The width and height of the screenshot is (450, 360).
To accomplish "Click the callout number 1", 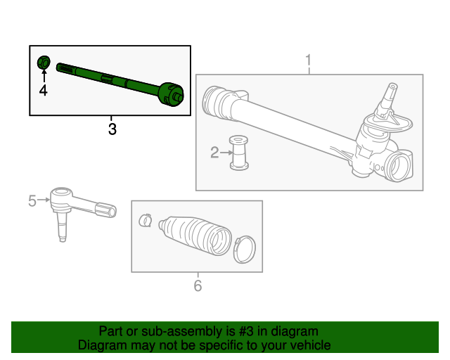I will click(308, 61).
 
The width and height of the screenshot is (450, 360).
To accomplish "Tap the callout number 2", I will click(214, 152).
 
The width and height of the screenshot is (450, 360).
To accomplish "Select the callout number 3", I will click(112, 129).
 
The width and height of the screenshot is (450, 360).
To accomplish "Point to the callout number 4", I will click(43, 91).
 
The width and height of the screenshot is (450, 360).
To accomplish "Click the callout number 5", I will click(32, 201).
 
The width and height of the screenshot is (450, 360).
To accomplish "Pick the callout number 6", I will click(198, 285).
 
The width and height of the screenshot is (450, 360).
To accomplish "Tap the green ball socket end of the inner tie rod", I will click(172, 94).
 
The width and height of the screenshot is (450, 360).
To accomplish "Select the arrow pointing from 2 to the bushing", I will click(226, 152).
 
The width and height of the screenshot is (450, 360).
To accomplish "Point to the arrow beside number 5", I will click(44, 200).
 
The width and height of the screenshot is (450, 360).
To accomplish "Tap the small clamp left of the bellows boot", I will click(146, 220).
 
